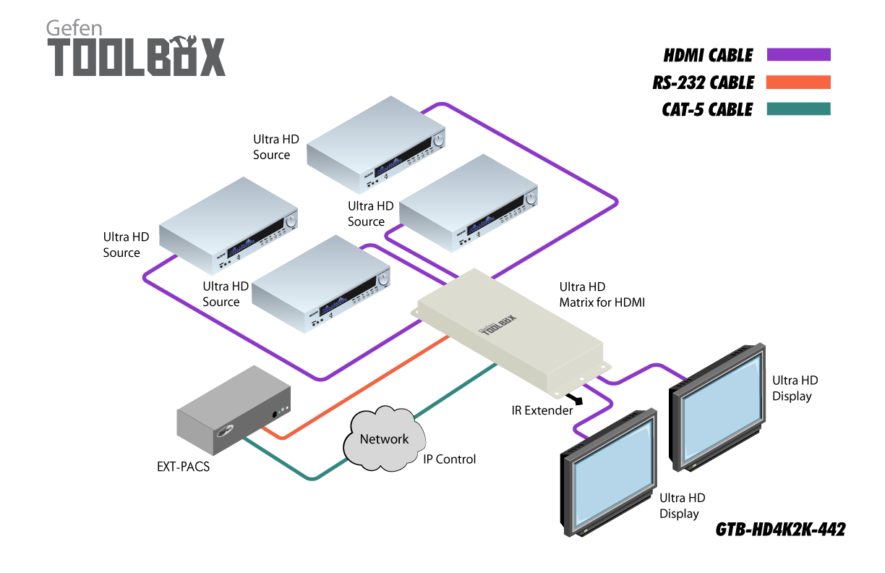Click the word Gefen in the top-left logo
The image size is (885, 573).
(x=74, y=28)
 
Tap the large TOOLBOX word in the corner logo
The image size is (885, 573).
(x=136, y=59)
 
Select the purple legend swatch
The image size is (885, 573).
(x=798, y=55)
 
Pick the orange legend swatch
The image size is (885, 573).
(x=798, y=82)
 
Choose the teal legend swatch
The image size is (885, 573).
(x=798, y=109)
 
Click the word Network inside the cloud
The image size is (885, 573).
(x=384, y=439)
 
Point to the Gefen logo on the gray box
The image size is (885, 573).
(x=226, y=433)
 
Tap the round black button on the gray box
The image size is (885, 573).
(x=275, y=414)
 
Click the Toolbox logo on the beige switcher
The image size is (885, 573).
(x=499, y=327)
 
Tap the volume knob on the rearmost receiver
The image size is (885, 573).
(x=438, y=140)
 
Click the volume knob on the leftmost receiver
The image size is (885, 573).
(x=291, y=221)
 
